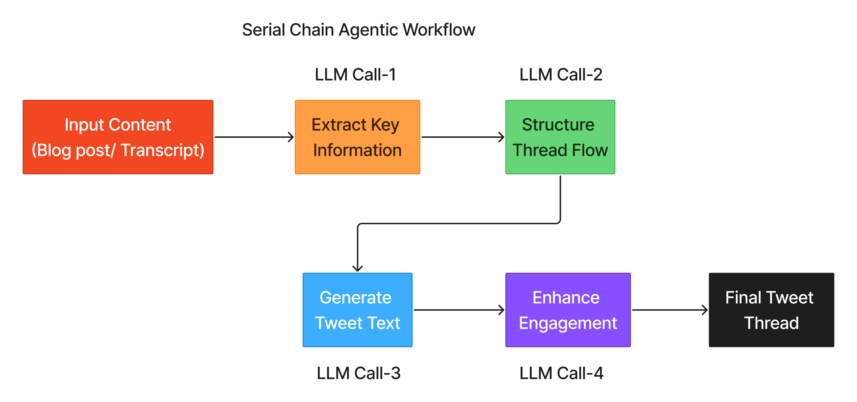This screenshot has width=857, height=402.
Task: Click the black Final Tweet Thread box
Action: coord(771,310)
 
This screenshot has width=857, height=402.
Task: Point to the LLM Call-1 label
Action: coord(355,74)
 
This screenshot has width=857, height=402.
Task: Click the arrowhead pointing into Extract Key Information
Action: coord(291,137)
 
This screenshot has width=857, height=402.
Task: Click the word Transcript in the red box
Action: coord(162,150)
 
